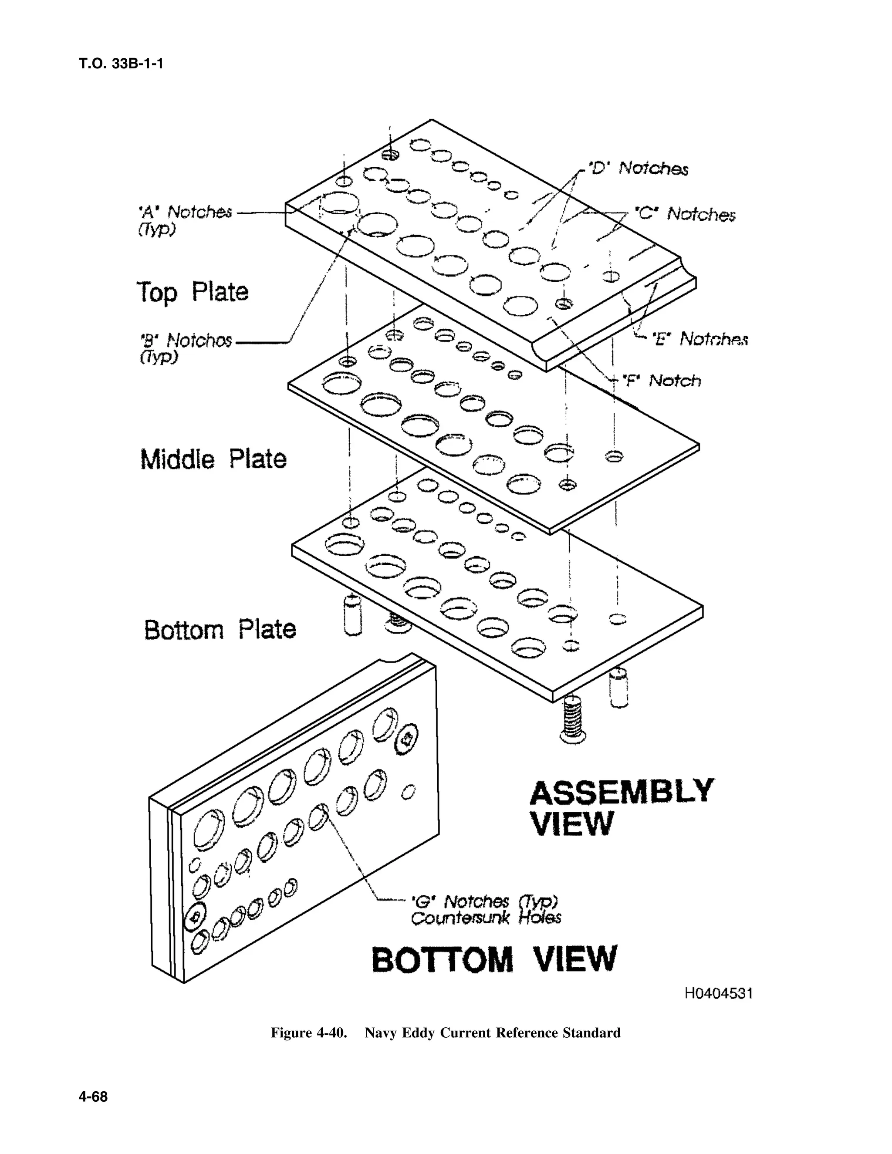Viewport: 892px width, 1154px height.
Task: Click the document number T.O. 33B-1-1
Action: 121,64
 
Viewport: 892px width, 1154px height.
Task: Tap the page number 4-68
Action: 93,1097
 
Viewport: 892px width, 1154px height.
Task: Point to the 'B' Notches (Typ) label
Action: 185,347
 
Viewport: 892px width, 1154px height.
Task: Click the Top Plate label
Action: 193,292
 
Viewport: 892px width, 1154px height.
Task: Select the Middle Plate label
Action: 213,459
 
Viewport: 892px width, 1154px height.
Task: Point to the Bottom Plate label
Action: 220,629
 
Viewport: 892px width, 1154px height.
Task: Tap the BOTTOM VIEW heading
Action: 494,959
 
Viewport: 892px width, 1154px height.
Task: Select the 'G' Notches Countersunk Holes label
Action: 485,909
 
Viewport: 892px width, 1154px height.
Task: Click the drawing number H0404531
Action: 718,993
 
